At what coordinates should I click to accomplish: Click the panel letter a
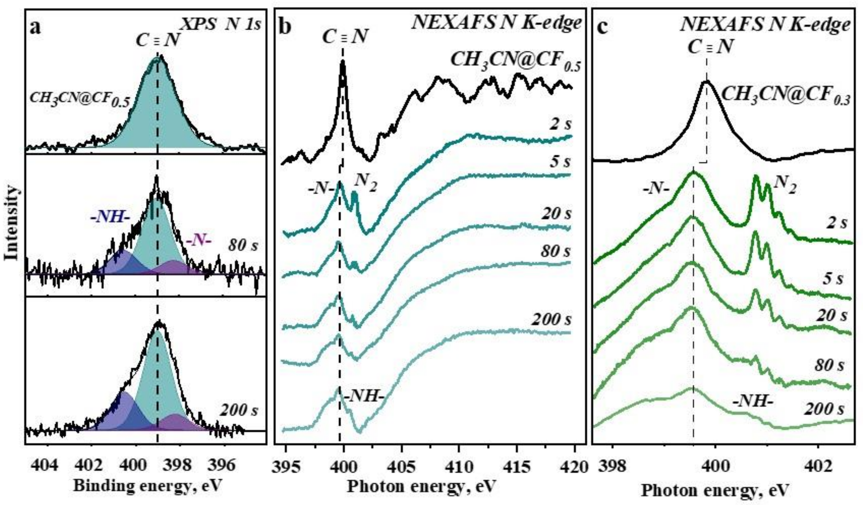35,27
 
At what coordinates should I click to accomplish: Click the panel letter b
285,27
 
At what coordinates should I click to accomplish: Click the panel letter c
603,27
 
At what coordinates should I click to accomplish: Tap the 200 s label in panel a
239,410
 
